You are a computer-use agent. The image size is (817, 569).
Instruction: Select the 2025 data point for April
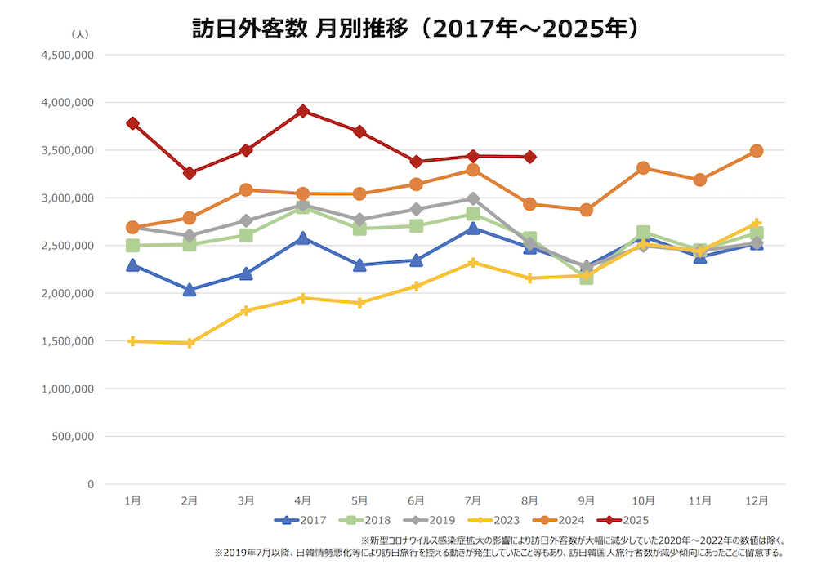(x=302, y=111)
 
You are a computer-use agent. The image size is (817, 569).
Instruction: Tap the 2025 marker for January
(x=132, y=123)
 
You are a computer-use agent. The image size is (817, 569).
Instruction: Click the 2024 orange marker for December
(x=757, y=151)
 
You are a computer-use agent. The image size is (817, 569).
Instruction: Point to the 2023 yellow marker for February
(x=190, y=343)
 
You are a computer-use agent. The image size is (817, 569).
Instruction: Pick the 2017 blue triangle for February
(x=190, y=289)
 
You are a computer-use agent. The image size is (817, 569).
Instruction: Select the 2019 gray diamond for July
(x=473, y=198)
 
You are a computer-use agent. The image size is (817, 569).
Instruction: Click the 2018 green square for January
(x=132, y=246)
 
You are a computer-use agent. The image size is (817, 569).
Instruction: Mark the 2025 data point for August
(x=529, y=157)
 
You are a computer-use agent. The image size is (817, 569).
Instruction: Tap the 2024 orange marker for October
(x=643, y=168)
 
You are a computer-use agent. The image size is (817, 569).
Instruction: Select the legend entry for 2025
(x=623, y=519)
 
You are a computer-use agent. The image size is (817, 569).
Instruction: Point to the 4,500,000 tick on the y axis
(x=67, y=55)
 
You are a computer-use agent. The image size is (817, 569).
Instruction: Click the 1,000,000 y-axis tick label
(x=67, y=389)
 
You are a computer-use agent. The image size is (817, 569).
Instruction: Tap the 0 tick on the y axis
(x=90, y=484)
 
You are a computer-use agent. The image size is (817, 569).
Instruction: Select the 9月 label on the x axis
(x=587, y=500)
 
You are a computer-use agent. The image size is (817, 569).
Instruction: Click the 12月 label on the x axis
(x=757, y=500)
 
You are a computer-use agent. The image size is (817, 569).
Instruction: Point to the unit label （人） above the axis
(x=80, y=34)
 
